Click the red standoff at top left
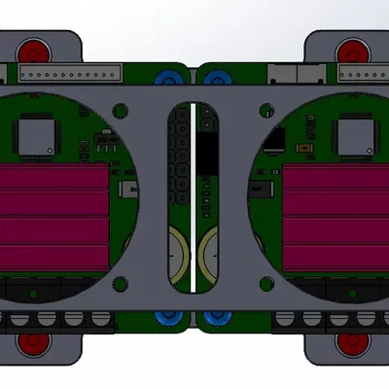pyautogui.click(x=38, y=50)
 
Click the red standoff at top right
pyautogui.click(x=350, y=50)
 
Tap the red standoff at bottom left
pyautogui.click(x=38, y=341)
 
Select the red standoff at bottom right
pyautogui.click(x=350, y=341)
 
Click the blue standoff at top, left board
pyautogui.click(x=174, y=78)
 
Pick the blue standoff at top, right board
pyautogui.click(x=214, y=78)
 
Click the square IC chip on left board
pyautogui.click(x=38, y=135)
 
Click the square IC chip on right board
pyautogui.click(x=351, y=135)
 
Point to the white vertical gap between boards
pyautogui.click(x=194, y=194)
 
